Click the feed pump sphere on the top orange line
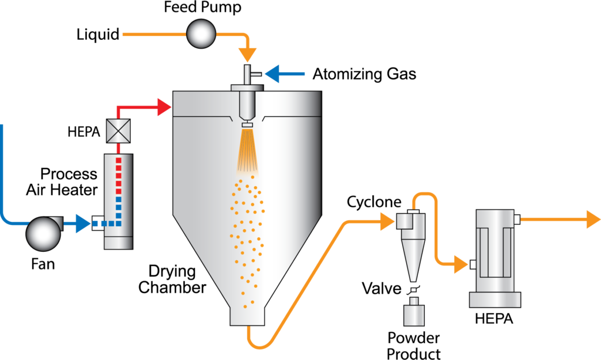tap(201, 34)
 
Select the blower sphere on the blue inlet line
tap(43, 233)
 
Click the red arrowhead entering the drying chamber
tap(164, 107)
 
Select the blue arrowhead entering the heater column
tap(83, 223)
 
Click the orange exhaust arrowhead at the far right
tap(592, 220)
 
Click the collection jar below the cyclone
tap(414, 312)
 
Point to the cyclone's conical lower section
tap(413, 258)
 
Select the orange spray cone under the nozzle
tap(248, 152)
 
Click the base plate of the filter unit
tap(495, 300)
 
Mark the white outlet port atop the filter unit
tap(517, 220)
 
